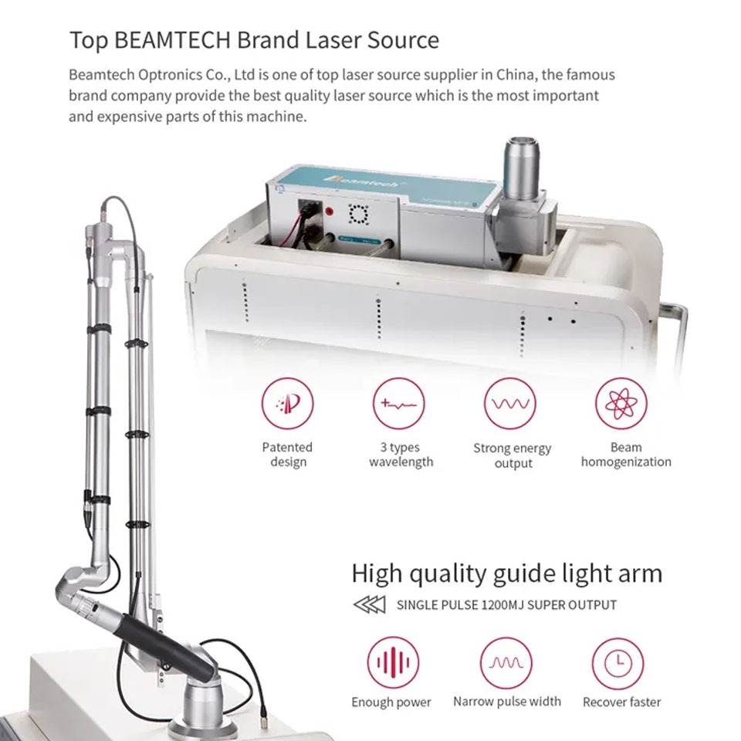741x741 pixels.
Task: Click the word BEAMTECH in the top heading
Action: pos(172,39)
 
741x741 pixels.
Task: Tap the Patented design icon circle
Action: pos(287,404)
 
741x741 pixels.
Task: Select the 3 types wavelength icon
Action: pos(399,404)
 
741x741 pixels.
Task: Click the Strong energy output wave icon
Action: pos(510,404)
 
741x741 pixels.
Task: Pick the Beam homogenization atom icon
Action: pos(621,404)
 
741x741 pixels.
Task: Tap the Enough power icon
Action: pos(393,663)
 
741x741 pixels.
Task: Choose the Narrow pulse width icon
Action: pos(506,663)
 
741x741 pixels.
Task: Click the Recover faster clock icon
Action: pos(617,663)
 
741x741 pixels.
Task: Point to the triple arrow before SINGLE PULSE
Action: pos(370,604)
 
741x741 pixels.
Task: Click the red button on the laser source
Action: pos(330,211)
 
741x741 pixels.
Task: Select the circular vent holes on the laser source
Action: pos(359,214)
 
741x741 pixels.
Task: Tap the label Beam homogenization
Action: pos(626,454)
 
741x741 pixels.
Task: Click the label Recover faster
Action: pos(621,702)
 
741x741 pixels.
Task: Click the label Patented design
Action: pos(287,454)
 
